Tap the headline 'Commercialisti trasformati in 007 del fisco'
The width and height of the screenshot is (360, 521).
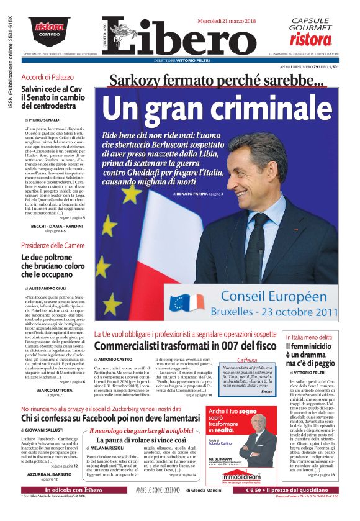(x=185, y=346)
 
